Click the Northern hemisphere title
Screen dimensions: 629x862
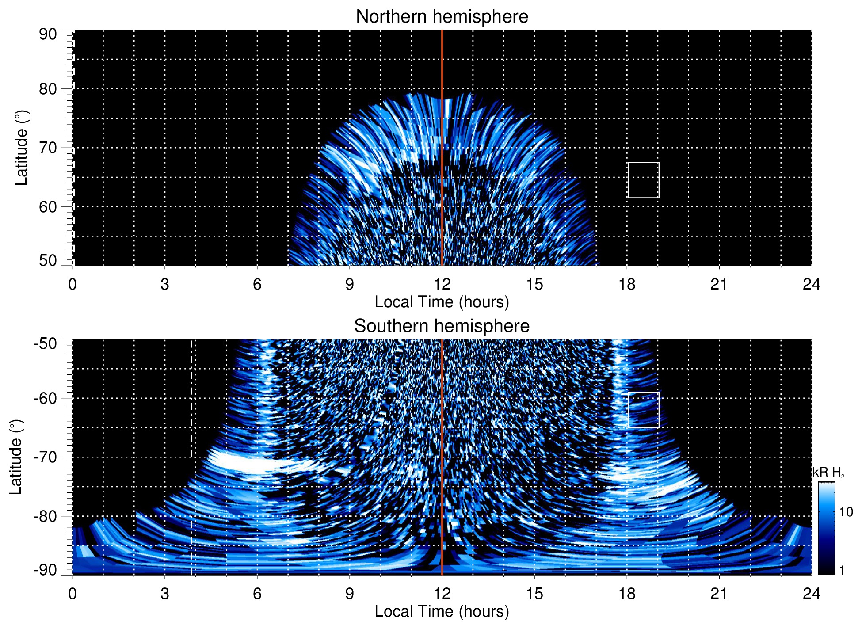pyautogui.click(x=442, y=17)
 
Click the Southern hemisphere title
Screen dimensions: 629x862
pyautogui.click(x=442, y=326)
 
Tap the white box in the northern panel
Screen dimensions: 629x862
pyautogui.click(x=643, y=180)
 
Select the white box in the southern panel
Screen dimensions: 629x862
pyautogui.click(x=643, y=410)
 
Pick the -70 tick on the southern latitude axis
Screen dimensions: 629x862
pyautogui.click(x=46, y=457)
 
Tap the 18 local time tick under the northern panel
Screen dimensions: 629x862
pyautogui.click(x=627, y=284)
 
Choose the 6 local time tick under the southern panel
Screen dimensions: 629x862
pyautogui.click(x=257, y=593)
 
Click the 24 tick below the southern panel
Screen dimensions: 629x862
pyautogui.click(x=811, y=593)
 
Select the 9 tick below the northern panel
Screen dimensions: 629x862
pyautogui.click(x=350, y=284)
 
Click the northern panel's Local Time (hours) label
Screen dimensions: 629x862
pyautogui.click(x=442, y=302)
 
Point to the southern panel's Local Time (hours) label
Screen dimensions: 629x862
pyautogui.click(x=442, y=611)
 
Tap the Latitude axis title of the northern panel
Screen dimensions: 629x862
pyautogui.click(x=21, y=148)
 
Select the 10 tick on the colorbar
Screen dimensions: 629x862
pyautogui.click(x=846, y=512)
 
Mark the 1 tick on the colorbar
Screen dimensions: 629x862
pyautogui.click(x=842, y=570)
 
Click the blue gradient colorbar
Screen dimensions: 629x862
pyautogui.click(x=826, y=528)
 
